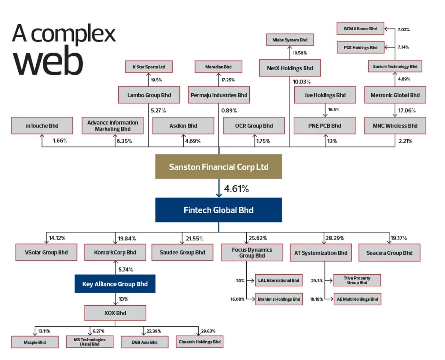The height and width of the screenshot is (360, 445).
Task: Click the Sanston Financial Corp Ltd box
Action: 218,167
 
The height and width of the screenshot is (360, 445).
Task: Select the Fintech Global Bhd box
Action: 218,210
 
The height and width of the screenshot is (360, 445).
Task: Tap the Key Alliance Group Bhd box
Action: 115,284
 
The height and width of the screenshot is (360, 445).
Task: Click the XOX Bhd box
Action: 115,313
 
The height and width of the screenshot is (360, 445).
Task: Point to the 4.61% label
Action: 236,189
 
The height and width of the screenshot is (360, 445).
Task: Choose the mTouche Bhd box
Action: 42,126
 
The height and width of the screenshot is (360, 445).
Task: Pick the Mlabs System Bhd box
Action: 290,40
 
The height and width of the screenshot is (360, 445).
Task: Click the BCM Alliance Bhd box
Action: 360,29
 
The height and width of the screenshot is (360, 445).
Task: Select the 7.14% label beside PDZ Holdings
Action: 403,47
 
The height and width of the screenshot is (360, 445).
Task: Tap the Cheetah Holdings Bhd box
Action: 199,342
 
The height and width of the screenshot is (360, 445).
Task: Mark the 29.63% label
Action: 208,331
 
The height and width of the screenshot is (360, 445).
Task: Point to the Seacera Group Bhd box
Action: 389,253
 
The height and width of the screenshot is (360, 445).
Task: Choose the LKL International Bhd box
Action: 278,280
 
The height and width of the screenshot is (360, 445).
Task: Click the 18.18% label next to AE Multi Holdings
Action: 316,299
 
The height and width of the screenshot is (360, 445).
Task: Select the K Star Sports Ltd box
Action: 149,67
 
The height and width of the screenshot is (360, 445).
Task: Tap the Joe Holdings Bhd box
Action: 325,95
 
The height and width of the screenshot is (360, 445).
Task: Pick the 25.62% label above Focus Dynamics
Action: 258,238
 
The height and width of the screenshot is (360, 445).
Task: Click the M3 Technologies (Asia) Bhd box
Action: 90,342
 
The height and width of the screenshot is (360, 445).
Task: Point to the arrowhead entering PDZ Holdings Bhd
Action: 386,47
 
